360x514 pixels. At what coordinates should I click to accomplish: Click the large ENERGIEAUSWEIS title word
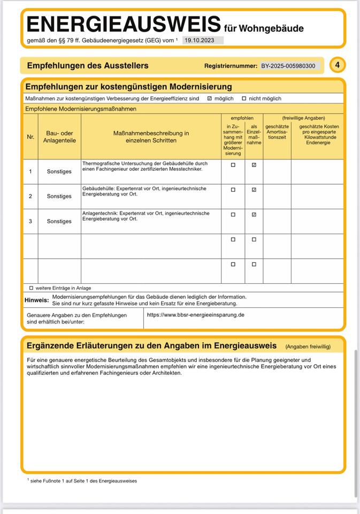(124, 25)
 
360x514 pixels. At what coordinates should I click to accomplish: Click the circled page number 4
(337, 65)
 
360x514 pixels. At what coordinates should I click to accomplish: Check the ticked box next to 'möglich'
(210, 99)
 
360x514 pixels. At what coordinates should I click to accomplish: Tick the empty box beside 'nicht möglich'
(244, 99)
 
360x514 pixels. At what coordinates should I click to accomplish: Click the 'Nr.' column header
(30, 137)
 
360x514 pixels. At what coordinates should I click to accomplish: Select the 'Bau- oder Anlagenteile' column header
(59, 137)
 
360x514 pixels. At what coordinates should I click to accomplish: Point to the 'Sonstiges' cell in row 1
(59, 171)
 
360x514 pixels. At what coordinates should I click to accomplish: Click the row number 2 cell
(30, 196)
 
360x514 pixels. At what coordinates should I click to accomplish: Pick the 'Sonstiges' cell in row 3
(59, 221)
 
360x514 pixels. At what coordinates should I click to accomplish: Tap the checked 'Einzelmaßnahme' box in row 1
(254, 165)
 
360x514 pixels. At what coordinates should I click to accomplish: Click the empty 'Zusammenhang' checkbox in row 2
(233, 190)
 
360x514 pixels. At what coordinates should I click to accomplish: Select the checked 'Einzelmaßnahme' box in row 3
(254, 214)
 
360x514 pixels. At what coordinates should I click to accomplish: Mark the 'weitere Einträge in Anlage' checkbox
(31, 288)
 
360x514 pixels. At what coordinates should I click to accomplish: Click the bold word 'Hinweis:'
(36, 300)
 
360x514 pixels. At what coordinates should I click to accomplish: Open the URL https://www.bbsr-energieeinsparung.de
(195, 315)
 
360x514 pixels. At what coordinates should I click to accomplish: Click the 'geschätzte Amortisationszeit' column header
(277, 132)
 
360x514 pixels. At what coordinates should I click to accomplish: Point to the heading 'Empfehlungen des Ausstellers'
(88, 66)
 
